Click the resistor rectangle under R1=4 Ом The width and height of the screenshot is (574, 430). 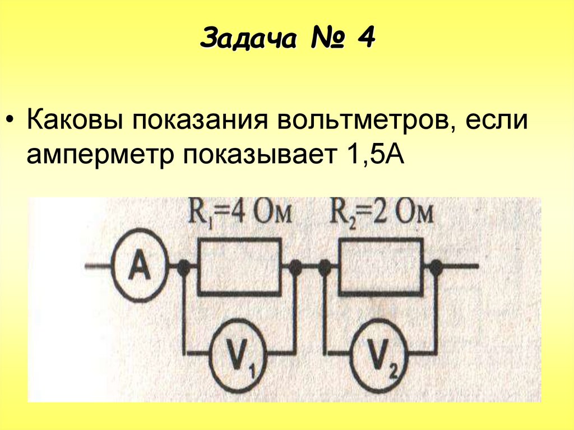coord(239,267)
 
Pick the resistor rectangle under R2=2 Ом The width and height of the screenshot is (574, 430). coord(380,267)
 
